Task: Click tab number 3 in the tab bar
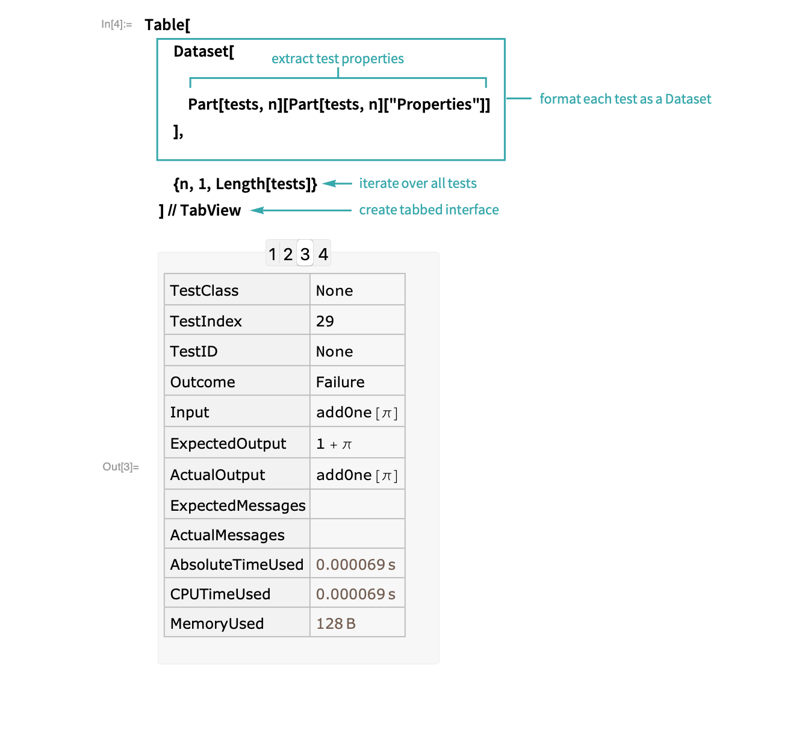pos(305,254)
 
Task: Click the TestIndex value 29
pos(325,321)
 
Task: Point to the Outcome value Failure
pos(340,382)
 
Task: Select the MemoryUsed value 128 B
pos(336,623)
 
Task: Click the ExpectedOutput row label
pos(228,443)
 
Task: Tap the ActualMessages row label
pos(227,535)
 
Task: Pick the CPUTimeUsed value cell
pos(357,593)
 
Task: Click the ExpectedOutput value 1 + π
pos(334,444)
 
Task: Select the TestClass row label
pos(204,290)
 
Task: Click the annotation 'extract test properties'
pos(338,58)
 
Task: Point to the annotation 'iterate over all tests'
pos(418,184)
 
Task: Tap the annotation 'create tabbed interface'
pos(429,210)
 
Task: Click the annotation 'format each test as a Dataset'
pos(625,99)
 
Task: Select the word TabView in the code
pos(210,210)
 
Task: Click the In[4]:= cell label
pos(116,24)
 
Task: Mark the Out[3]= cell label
pos(120,467)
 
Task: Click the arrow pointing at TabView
pos(301,210)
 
